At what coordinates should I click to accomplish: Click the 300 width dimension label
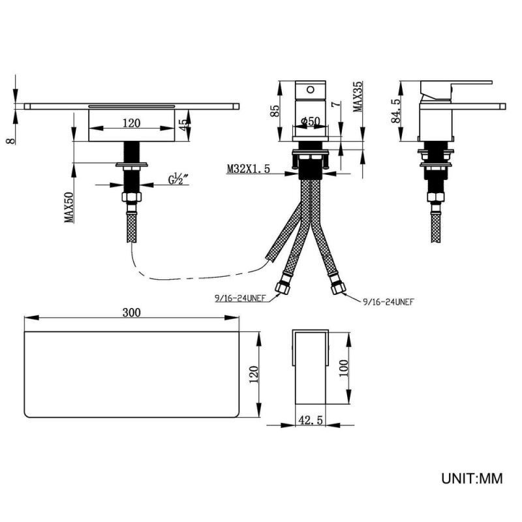[132, 313]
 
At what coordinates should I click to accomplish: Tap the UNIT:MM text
[472, 479]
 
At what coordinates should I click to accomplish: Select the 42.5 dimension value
[311, 420]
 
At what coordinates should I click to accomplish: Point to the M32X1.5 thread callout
[249, 169]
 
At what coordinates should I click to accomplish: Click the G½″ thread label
[178, 179]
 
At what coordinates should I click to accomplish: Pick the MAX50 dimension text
[69, 207]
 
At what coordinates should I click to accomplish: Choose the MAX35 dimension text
[358, 97]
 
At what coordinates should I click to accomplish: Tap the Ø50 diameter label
[311, 121]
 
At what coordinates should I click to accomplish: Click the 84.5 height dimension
[396, 111]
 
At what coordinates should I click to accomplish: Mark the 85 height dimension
[275, 111]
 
